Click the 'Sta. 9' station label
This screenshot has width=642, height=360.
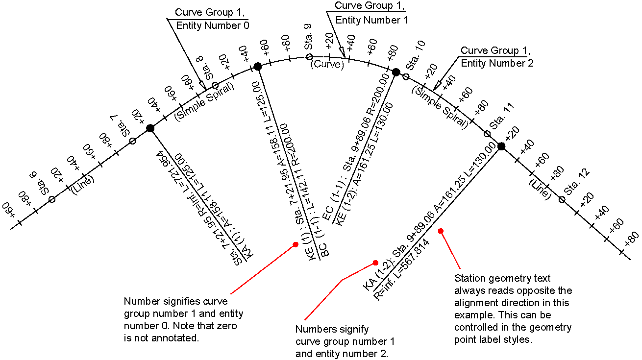[308, 37]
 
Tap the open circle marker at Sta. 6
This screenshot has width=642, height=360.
[52, 199]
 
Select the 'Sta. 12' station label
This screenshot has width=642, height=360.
[577, 182]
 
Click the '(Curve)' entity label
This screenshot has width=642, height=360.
[327, 64]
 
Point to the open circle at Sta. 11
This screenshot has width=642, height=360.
[487, 134]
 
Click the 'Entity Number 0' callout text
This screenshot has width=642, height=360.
[212, 25]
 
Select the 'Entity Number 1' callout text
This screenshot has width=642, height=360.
[371, 20]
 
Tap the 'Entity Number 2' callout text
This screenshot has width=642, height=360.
[497, 63]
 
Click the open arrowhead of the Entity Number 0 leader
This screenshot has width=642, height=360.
[203, 85]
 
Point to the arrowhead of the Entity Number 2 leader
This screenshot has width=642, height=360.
[437, 86]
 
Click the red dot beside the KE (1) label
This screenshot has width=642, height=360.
[296, 244]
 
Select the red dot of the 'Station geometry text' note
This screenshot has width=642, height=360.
[441, 231]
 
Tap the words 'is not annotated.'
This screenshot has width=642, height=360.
[161, 338]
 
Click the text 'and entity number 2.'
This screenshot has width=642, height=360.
[342, 354]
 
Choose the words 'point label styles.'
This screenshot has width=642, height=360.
[493, 339]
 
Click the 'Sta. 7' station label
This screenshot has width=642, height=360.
[121, 126]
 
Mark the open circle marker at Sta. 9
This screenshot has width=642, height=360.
[309, 57]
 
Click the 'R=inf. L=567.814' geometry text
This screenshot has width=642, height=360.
[402, 270]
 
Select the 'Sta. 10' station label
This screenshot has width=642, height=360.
[416, 55]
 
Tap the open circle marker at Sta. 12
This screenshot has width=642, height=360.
[562, 199]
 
